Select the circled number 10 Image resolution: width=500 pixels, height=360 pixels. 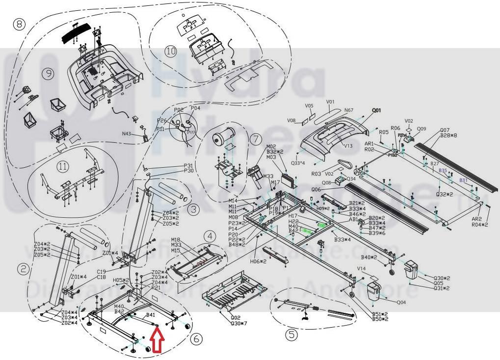click(170, 52)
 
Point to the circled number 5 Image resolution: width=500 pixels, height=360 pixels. click(291, 334)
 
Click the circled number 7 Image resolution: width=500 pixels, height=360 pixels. click(256, 139)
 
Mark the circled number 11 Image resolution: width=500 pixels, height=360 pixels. click(62, 166)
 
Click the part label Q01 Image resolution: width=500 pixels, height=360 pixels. click(376, 111)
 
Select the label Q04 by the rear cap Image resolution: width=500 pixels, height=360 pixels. click(401, 303)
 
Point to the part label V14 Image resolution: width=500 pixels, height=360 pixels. click(361, 269)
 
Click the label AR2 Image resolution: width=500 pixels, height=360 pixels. click(476, 219)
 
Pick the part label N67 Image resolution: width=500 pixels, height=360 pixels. click(349, 111)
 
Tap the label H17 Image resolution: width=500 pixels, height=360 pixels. click(293, 216)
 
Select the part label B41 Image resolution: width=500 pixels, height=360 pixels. click(151, 315)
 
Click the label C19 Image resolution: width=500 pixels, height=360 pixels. click(102, 272)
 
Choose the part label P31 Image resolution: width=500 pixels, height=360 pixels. click(188, 166)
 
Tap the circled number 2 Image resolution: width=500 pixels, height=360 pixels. click(23, 269)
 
